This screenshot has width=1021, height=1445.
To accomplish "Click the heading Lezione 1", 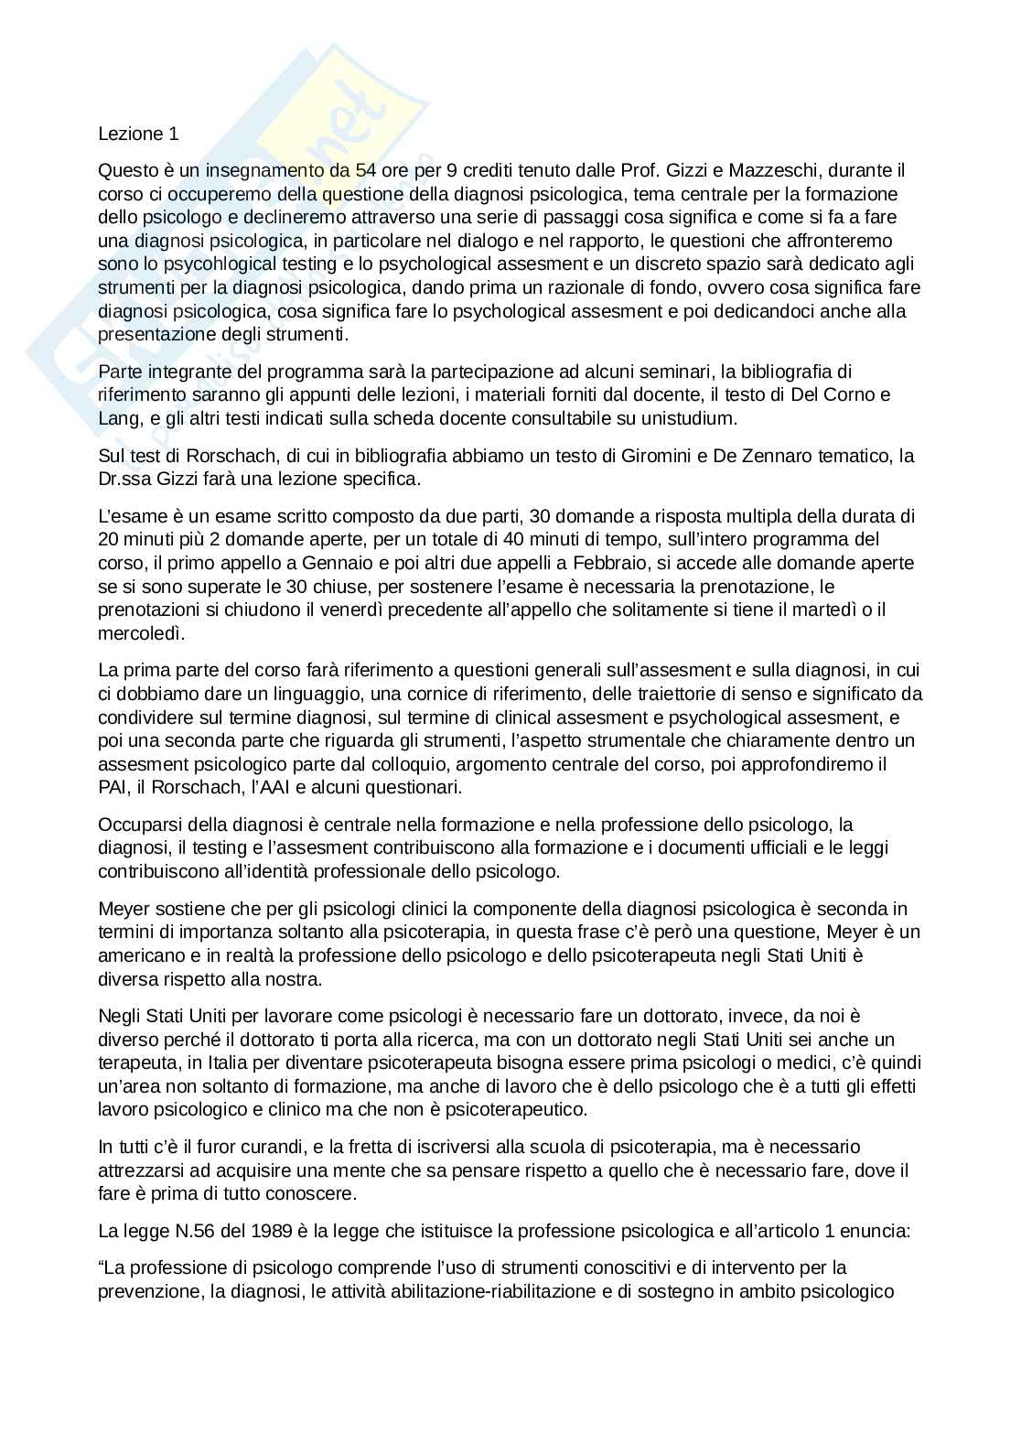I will point(138,134).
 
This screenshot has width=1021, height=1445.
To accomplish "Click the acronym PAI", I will point(113,787).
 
